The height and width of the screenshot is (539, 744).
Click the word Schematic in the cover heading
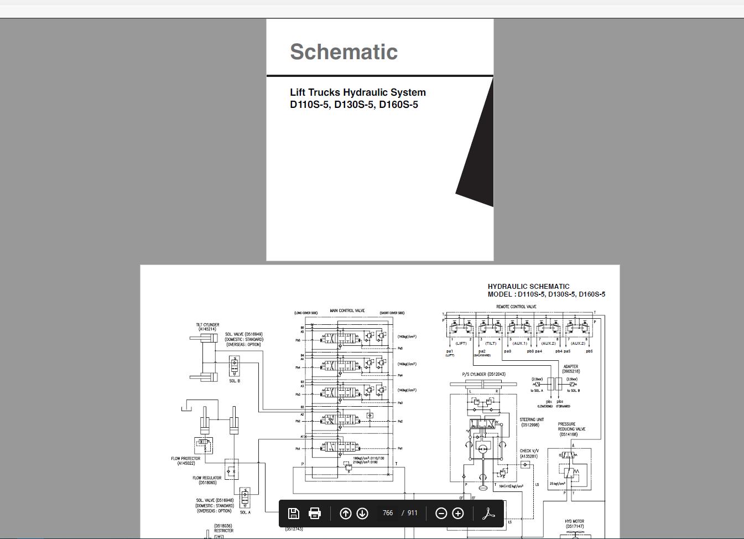(344, 52)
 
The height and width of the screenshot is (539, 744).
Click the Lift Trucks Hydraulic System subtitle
(357, 92)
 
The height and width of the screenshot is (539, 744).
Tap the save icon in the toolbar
(294, 514)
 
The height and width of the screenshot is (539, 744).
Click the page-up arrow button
(345, 514)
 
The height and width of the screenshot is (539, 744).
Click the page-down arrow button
(362, 514)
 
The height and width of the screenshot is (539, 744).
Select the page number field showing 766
(388, 513)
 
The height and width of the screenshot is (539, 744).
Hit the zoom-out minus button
(441, 514)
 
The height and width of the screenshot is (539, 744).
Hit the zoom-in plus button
(458, 514)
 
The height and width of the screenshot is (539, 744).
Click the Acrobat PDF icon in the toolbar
(487, 514)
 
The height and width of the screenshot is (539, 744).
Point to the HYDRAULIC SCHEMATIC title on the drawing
(528, 287)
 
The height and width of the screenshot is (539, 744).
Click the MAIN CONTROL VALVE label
(347, 311)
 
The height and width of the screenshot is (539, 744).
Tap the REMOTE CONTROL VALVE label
(516, 307)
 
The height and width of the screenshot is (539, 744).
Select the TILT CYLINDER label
(207, 325)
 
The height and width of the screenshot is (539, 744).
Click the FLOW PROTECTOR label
(186, 459)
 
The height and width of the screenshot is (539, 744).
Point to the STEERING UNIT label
(532, 420)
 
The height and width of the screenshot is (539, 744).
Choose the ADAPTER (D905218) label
(571, 367)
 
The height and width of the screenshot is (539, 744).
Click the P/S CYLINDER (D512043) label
(483, 375)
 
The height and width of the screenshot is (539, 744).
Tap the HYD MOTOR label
(574, 521)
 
